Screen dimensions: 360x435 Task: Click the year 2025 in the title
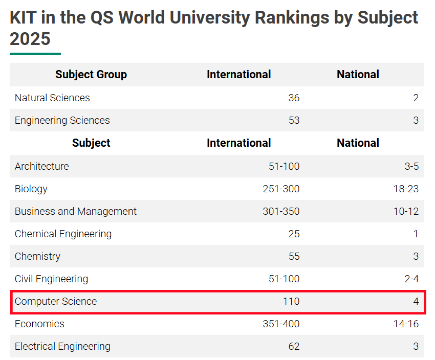tap(30, 39)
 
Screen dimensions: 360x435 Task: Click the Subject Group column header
tap(91, 75)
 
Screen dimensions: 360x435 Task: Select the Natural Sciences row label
tap(52, 98)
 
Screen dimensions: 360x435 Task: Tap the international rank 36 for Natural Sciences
tap(294, 98)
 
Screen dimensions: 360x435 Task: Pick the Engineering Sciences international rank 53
tap(294, 120)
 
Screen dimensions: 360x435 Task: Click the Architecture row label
tap(41, 166)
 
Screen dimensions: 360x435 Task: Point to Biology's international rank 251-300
tap(281, 189)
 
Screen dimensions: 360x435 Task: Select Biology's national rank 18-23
tap(406, 189)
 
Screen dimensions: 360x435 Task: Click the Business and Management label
tap(76, 211)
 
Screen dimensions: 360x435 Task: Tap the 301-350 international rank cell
tap(281, 211)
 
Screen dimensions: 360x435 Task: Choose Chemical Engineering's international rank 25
tap(294, 234)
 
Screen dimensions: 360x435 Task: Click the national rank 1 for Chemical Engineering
tap(416, 234)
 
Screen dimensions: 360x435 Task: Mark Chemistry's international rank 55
tap(294, 256)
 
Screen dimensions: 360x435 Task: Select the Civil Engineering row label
tap(51, 279)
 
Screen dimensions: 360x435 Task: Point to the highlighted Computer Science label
tap(56, 301)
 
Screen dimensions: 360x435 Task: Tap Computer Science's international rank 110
tap(291, 301)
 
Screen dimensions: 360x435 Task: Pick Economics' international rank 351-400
tap(281, 324)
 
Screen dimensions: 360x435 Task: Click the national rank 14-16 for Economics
tap(406, 324)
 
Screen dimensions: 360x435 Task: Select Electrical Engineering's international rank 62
tap(294, 346)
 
